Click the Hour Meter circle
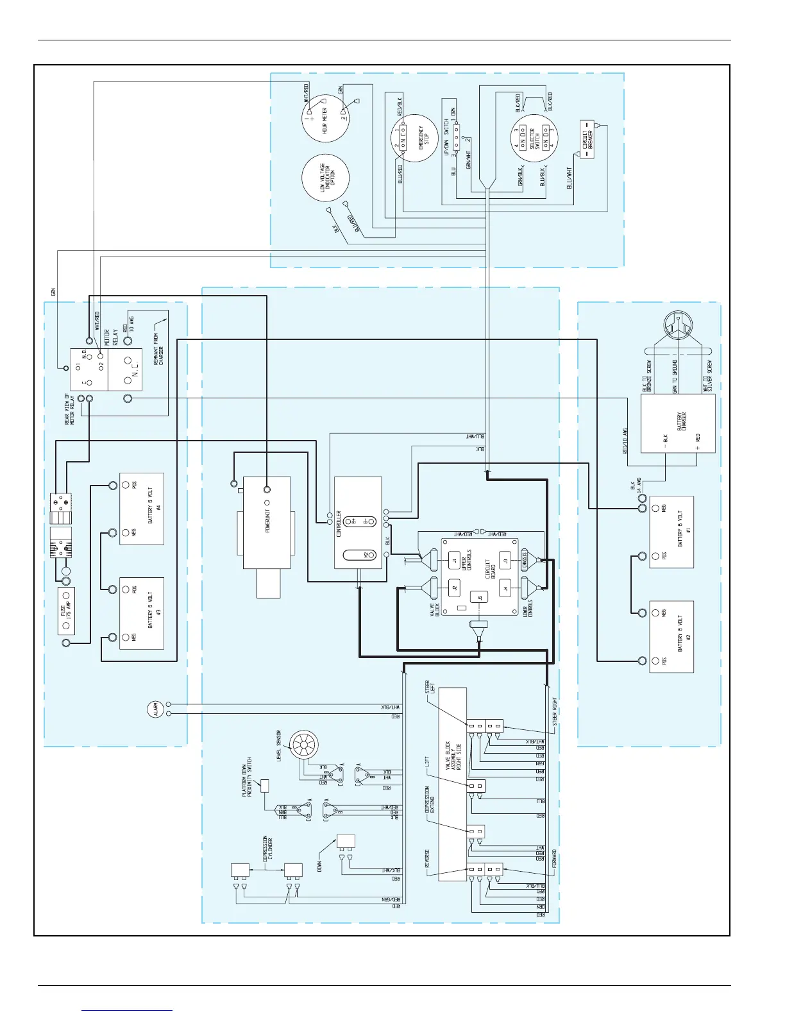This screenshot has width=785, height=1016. coord(325,119)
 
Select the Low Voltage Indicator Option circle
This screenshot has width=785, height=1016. coord(325,178)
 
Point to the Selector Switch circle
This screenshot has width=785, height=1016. coord(534,139)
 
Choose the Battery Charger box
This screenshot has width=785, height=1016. coord(678,423)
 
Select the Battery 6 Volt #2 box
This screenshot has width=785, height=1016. coord(671,636)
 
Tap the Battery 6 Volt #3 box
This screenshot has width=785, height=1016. coord(142,613)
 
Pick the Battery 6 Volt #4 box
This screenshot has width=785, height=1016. coord(142,509)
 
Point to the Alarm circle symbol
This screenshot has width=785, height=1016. coord(155,709)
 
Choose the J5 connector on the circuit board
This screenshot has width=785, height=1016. coord(478,598)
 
